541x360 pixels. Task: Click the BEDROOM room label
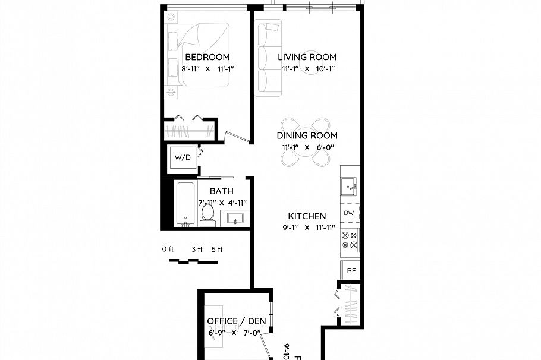pyautogui.click(x=207, y=58)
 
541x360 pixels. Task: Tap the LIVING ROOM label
pyautogui.click(x=307, y=58)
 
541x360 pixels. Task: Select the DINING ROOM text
pyautogui.click(x=307, y=136)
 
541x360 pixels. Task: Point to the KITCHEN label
pyautogui.click(x=307, y=216)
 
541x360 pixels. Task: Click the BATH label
pyautogui.click(x=221, y=191)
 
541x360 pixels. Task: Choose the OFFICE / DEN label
pyautogui.click(x=236, y=321)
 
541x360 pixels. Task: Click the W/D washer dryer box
pyautogui.click(x=183, y=158)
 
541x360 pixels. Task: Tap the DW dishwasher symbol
pyautogui.click(x=350, y=213)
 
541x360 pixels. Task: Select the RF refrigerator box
pyautogui.click(x=351, y=270)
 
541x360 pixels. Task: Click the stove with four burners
pyautogui.click(x=350, y=239)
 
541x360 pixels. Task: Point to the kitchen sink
pyautogui.click(x=350, y=186)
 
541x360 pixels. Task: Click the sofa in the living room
pyautogui.click(x=268, y=58)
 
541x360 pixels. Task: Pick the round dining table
pyautogui.click(x=306, y=143)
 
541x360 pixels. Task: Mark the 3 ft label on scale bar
pyautogui.click(x=197, y=250)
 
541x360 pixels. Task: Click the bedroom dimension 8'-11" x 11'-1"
pyautogui.click(x=207, y=69)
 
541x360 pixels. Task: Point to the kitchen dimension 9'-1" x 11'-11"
pyautogui.click(x=309, y=228)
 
